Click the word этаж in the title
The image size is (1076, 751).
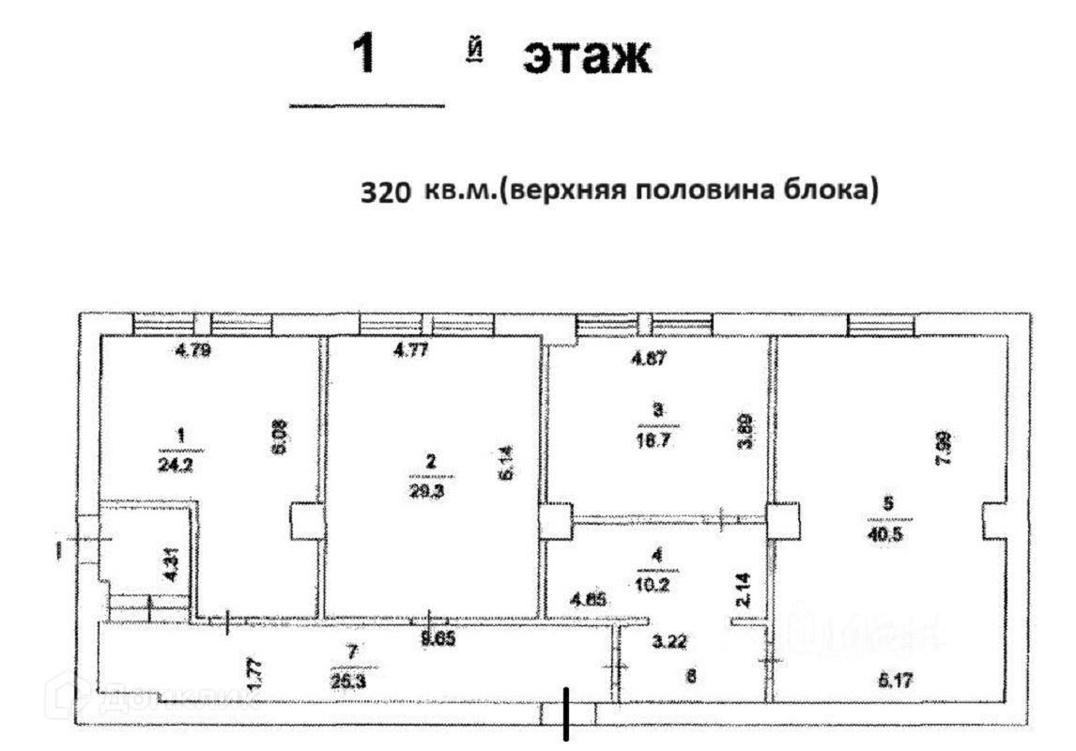click(586, 58)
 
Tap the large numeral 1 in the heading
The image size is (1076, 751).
click(364, 54)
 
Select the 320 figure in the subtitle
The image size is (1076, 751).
click(386, 192)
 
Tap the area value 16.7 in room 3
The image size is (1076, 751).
click(657, 438)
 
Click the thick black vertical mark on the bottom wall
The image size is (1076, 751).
click(566, 713)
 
